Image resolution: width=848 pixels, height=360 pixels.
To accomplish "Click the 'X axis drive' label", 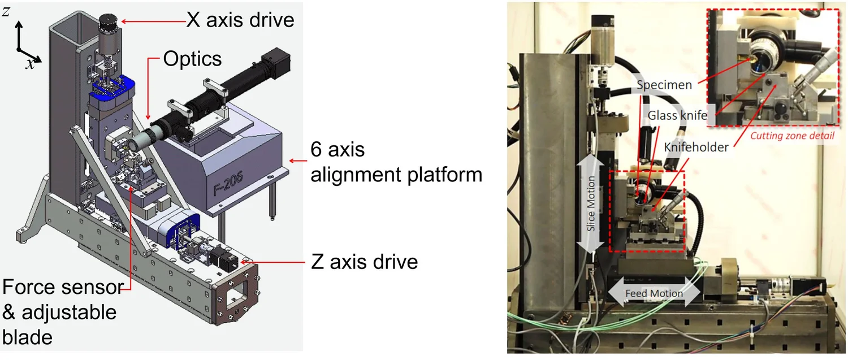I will pyautogui.click(x=240, y=20).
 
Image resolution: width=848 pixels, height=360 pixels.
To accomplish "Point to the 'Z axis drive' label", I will pyautogui.click(x=365, y=262).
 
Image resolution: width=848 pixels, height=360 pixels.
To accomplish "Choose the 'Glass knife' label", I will pyautogui.click(x=677, y=115).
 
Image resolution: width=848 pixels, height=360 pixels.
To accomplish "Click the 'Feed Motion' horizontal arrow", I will pyautogui.click(x=654, y=293).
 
